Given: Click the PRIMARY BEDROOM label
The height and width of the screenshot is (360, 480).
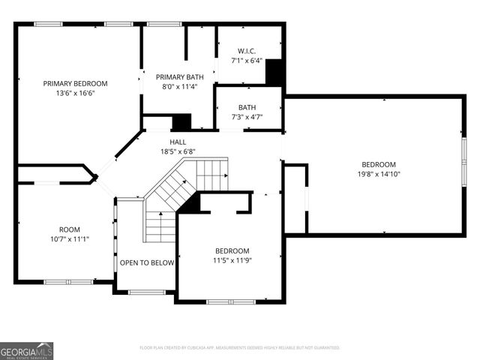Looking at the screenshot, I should coord(75,83).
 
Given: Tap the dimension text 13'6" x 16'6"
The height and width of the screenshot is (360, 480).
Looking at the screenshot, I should coord(75,93).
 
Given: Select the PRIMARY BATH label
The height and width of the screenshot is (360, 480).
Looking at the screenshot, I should coord(178,76).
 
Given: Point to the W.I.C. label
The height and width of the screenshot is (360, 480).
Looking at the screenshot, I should coord(246,51).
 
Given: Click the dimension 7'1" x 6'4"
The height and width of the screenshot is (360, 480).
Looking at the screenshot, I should coord(246,61).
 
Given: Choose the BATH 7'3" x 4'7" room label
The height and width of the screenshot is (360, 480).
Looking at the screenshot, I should coord(247,112).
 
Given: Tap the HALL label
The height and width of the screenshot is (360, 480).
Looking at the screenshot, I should coord(178,142).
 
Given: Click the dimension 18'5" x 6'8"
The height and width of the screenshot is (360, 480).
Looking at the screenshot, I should coord(178,151).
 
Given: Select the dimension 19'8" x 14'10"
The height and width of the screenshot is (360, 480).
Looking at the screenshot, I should coord(379,175).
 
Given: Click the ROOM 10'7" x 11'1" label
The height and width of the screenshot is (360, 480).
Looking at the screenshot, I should coord(70,234).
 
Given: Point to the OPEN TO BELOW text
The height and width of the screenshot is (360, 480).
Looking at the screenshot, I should coord(147,263).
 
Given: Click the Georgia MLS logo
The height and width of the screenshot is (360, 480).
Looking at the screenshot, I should coord(26,350).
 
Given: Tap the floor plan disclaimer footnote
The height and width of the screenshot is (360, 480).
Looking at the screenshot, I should coord(240,348).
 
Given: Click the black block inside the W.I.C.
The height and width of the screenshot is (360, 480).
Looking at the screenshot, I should coord(274,72).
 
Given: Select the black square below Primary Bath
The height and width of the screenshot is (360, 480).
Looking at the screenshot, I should coord(181,121).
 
